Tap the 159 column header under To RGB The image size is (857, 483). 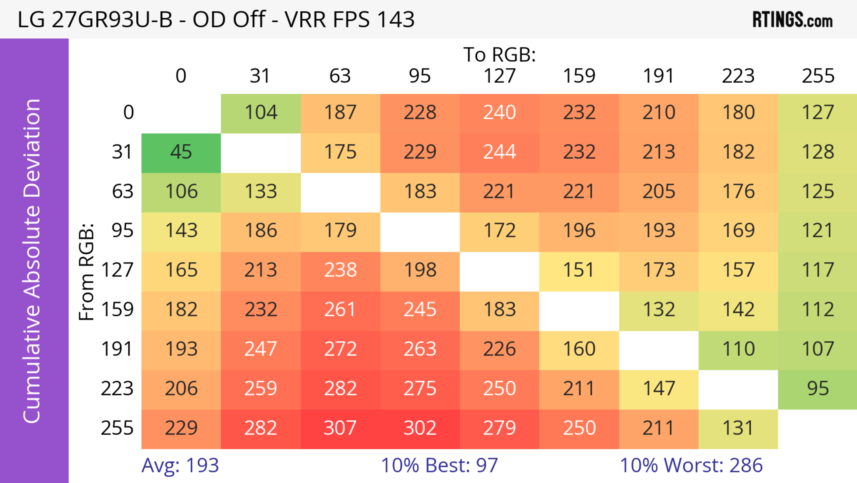pyautogui.click(x=579, y=76)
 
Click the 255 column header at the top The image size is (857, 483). pyautogui.click(x=818, y=76)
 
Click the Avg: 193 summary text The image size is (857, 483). pyautogui.click(x=180, y=465)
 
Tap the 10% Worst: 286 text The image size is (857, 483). pyautogui.click(x=691, y=465)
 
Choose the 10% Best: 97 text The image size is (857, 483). pyautogui.click(x=439, y=465)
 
